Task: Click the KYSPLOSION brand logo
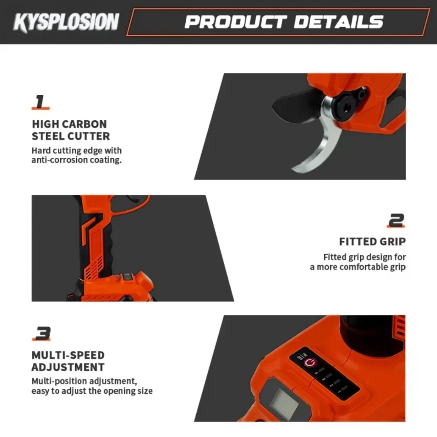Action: click(66, 22)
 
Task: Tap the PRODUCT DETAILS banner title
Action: click(284, 22)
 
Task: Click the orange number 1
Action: click(40, 102)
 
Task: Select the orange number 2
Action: click(396, 220)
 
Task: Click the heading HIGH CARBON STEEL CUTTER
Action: click(70, 130)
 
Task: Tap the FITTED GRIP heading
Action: click(372, 242)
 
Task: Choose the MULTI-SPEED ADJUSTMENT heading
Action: click(68, 361)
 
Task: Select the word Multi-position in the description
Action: click(59, 381)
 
